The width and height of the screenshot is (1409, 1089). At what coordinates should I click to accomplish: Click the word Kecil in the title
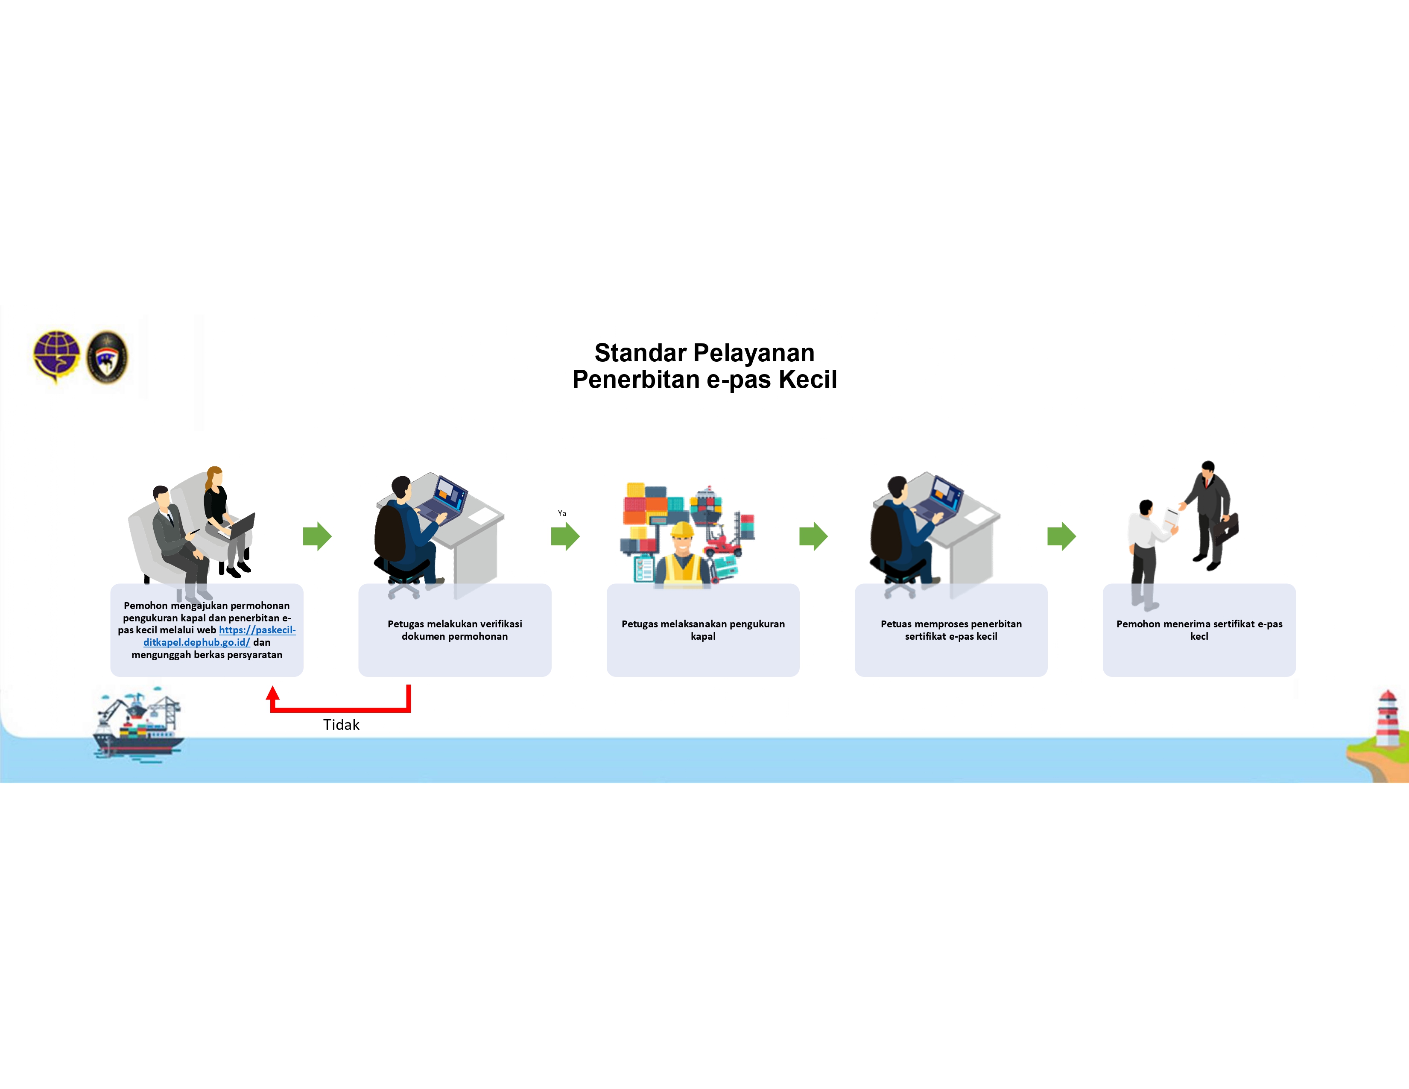(x=808, y=379)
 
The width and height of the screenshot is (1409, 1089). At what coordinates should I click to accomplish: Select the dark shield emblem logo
(x=107, y=357)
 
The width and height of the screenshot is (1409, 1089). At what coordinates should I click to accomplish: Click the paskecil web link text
(x=219, y=636)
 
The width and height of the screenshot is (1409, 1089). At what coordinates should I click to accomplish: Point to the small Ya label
(x=562, y=513)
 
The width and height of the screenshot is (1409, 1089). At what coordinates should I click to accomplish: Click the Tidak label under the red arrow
(x=341, y=724)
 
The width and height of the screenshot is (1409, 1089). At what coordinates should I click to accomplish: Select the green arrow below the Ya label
(x=565, y=536)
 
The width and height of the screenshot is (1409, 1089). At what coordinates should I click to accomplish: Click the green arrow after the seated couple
(x=317, y=536)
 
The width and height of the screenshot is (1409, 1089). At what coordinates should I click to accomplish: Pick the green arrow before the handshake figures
(x=1061, y=536)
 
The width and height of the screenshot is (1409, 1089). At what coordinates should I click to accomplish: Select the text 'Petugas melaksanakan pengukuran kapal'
(x=703, y=629)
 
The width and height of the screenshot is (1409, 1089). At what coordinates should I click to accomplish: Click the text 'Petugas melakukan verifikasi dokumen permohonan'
(x=455, y=629)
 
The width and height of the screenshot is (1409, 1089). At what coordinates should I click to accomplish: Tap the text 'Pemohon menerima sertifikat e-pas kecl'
(x=1199, y=629)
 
